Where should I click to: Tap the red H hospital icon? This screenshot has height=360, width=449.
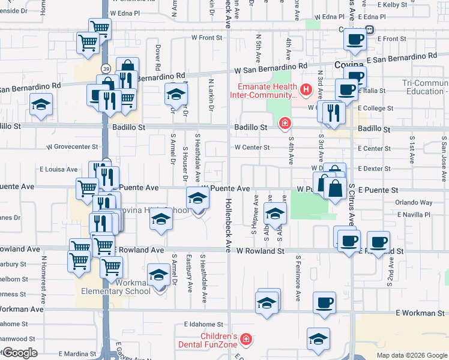click(306, 90)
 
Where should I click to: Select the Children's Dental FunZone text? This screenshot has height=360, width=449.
click(208, 340)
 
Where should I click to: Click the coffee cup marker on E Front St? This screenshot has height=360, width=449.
click(354, 40)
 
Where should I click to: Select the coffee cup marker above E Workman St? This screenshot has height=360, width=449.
click(324, 302)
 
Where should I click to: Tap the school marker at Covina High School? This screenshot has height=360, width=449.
click(197, 198)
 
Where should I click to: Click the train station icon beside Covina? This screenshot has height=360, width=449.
click(370, 29)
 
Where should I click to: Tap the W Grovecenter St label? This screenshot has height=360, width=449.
click(72, 146)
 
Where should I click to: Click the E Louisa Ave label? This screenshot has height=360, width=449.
click(59, 170)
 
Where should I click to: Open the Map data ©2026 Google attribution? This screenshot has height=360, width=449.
click(411, 355)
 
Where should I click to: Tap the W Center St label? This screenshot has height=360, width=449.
click(252, 147)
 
